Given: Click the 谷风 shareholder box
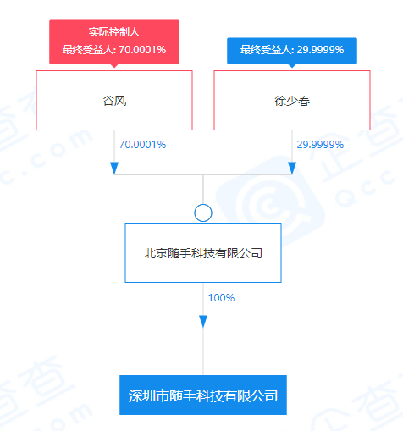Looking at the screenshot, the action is pyautogui.click(x=114, y=100).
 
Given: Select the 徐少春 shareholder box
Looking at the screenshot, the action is pyautogui.click(x=292, y=100).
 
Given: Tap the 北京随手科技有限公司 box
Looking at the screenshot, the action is pyautogui.click(x=203, y=252).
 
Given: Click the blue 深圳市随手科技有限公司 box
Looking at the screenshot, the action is pyautogui.click(x=203, y=395).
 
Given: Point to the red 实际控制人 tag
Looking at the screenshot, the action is pyautogui.click(x=114, y=41).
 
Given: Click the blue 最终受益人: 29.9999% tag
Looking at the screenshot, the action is pyautogui.click(x=292, y=51).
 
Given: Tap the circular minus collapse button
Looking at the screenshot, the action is pyautogui.click(x=203, y=213).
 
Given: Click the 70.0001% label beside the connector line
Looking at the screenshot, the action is pyautogui.click(x=142, y=145).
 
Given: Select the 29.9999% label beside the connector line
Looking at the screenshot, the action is pyautogui.click(x=320, y=145).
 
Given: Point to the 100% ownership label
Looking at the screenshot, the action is pyautogui.click(x=221, y=298).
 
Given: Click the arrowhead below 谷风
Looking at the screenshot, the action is pyautogui.click(x=114, y=169).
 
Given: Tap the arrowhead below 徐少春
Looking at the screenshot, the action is pyautogui.click(x=292, y=169).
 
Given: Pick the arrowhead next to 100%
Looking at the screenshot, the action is pyautogui.click(x=203, y=322).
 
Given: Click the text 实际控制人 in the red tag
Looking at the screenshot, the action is pyautogui.click(x=114, y=32).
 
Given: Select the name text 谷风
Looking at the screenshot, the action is pyautogui.click(x=114, y=101).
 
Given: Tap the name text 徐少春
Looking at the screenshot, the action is pyautogui.click(x=292, y=101).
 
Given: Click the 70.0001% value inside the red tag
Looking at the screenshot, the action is pyautogui.click(x=142, y=50).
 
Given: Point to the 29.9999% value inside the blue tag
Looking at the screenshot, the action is pyautogui.click(x=320, y=50).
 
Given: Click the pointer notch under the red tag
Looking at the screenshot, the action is pyautogui.click(x=114, y=66).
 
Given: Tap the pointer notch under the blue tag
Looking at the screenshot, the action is pyautogui.click(x=292, y=66).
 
